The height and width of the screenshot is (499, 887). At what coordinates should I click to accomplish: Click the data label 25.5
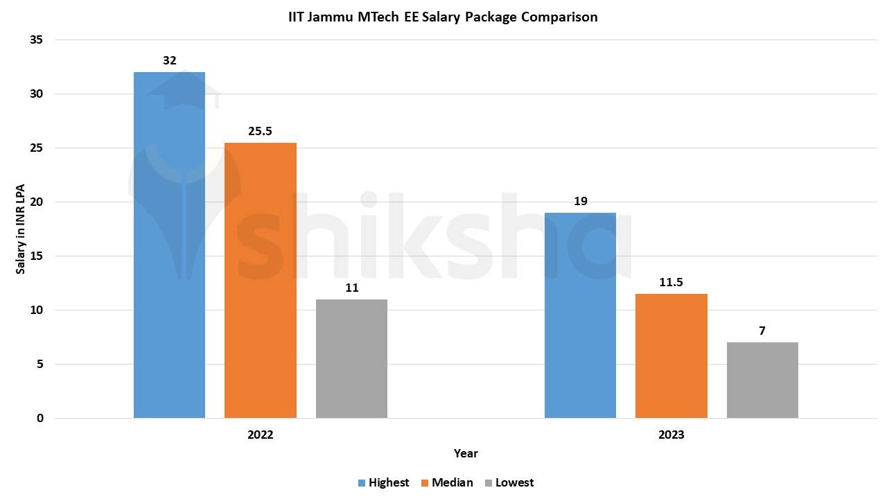point(261,131)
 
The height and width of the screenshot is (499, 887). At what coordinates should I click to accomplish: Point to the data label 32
point(169,60)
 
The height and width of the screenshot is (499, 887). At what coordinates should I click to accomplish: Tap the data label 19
point(580,201)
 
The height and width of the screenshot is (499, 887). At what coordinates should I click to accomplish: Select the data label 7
point(762,331)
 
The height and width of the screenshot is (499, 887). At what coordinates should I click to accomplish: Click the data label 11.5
point(671,282)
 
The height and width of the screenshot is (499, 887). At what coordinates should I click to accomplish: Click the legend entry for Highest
point(383,482)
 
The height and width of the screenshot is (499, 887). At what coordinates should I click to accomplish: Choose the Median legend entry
point(446,482)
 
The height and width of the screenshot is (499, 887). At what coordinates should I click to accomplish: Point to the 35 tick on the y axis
point(37,40)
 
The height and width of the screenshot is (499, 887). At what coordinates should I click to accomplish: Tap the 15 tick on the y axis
point(37,256)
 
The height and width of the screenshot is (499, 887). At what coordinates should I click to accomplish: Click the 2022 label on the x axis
point(261,435)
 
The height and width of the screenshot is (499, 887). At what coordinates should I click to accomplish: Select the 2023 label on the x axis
point(671,435)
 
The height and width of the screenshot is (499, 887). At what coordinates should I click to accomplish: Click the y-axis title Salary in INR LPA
point(21,229)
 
